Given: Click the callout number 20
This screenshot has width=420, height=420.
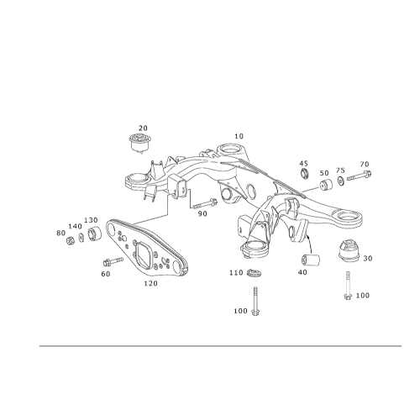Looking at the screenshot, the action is click(143, 129).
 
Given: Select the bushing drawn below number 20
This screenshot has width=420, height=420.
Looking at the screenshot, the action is click(140, 143).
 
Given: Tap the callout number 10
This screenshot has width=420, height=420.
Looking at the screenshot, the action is click(239, 136).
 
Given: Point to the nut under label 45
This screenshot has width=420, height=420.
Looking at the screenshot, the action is click(304, 173).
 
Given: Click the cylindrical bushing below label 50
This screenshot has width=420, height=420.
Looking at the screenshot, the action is click(326, 184).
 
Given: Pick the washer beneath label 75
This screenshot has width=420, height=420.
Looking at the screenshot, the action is click(341, 181).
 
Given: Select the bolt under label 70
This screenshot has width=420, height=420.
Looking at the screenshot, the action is click(360, 176).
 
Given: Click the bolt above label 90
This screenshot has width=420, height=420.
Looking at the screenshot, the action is click(205, 203).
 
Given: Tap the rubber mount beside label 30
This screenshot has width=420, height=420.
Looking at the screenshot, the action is click(349, 250).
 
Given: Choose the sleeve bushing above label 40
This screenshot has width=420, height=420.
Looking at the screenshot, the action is click(311, 260).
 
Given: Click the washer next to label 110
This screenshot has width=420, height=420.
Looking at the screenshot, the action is click(255, 272).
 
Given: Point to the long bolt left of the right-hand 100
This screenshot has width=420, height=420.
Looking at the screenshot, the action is click(348, 286).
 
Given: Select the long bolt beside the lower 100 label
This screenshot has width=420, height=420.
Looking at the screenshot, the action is click(255, 301).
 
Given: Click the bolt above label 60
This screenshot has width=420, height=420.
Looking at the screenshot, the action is click(113, 261).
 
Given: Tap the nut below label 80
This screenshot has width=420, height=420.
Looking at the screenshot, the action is click(70, 240).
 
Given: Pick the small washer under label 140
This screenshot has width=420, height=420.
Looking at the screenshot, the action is click(81, 238).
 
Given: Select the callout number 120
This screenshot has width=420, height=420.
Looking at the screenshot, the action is click(151, 284).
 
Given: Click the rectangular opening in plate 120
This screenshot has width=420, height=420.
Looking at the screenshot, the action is click(144, 254).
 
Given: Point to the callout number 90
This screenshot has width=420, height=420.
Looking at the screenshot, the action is click(202, 214).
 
